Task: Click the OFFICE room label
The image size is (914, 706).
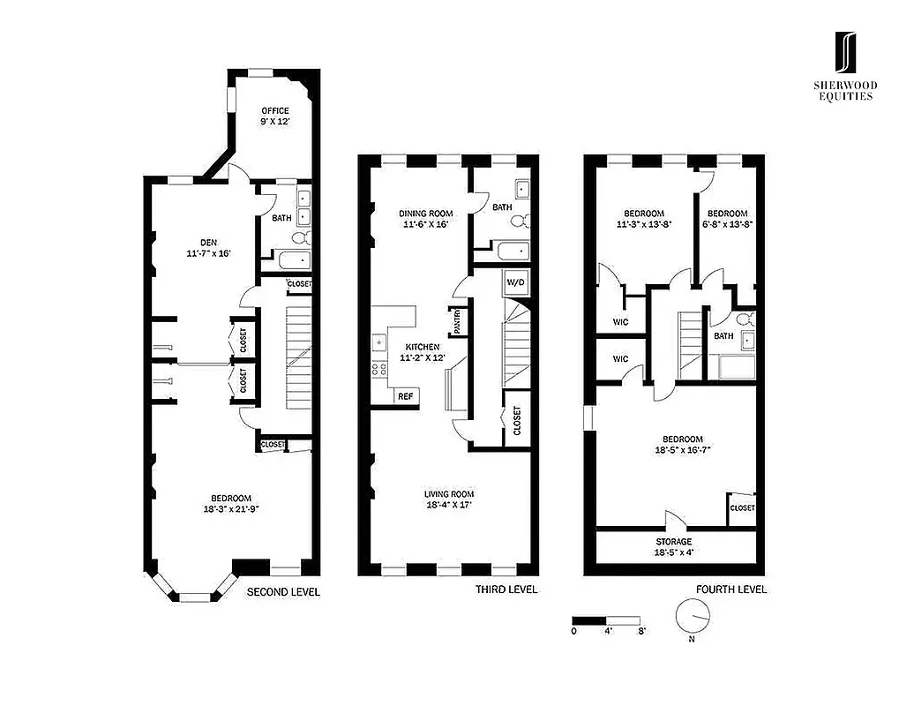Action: coord(274,111)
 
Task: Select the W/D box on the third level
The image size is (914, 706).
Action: coord(514,285)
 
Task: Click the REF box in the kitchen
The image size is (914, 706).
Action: coord(405,397)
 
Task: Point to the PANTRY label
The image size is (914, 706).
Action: coord(459,320)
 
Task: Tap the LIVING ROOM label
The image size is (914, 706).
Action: coord(450,494)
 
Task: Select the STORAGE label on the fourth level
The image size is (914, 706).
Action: coord(673,542)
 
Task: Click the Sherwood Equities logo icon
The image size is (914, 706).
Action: coord(845,54)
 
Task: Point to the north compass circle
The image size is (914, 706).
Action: coord(692,614)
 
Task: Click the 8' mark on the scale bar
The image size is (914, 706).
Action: coord(641,631)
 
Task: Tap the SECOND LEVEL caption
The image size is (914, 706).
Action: coord(282,591)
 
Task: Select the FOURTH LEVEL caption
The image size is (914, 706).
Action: coord(731,590)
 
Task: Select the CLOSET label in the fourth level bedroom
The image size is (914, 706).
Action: coord(742,508)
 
